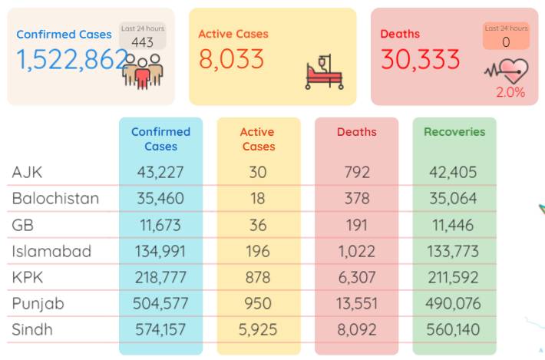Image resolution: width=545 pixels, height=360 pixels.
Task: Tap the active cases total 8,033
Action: click(231, 59)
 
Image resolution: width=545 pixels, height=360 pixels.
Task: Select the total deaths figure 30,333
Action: click(420, 59)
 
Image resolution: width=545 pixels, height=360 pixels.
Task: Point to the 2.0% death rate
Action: click(510, 92)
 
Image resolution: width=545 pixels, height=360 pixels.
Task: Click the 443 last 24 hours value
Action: click(142, 42)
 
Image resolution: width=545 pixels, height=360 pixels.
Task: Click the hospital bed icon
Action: click(324, 72)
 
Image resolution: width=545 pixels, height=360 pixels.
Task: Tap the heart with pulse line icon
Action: click(507, 71)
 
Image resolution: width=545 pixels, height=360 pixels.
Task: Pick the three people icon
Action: click(143, 71)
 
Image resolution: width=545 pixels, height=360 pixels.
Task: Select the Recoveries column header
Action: click(454, 132)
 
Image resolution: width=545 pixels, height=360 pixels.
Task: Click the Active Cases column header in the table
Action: click(258, 139)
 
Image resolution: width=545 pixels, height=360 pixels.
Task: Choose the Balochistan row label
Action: click(55, 198)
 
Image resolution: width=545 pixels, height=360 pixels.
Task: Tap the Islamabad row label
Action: click(51, 251)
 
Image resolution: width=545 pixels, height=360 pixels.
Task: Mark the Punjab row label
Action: click(38, 304)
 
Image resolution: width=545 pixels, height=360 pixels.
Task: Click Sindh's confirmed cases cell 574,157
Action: click(160, 329)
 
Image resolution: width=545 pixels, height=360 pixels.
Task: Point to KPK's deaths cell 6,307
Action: click(357, 277)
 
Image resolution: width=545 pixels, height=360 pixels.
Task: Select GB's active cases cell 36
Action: click(258, 225)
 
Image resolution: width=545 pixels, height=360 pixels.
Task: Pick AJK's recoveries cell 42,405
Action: click(453, 172)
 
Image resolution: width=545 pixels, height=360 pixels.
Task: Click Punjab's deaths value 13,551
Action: click(357, 304)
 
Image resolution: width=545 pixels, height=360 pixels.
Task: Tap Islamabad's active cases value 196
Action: click(258, 251)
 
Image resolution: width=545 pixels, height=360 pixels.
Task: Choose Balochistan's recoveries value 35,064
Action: click(453, 198)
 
